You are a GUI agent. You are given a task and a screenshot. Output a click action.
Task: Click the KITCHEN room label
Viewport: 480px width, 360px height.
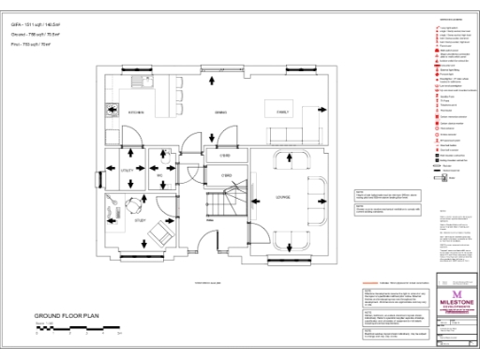click(135, 112)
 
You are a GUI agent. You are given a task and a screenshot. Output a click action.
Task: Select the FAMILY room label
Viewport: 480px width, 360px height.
click(282, 112)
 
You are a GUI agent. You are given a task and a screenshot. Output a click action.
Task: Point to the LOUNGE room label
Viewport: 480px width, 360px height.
click(282, 197)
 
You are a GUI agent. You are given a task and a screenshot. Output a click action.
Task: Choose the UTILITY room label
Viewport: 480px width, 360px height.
click(127, 170)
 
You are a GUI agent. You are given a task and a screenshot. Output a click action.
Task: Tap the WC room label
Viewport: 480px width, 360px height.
click(160, 174)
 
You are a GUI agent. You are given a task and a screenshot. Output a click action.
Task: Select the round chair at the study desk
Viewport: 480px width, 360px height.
click(132, 201)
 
